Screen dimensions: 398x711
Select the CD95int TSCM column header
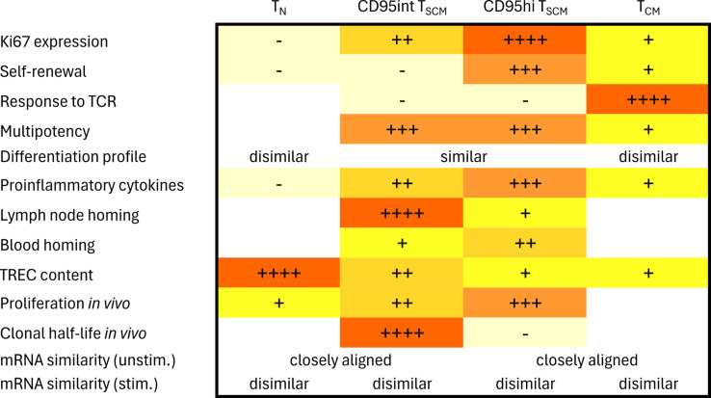[x=401, y=11]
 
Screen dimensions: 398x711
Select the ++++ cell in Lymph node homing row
[x=401, y=214]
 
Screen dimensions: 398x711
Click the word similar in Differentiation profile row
[x=462, y=156]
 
